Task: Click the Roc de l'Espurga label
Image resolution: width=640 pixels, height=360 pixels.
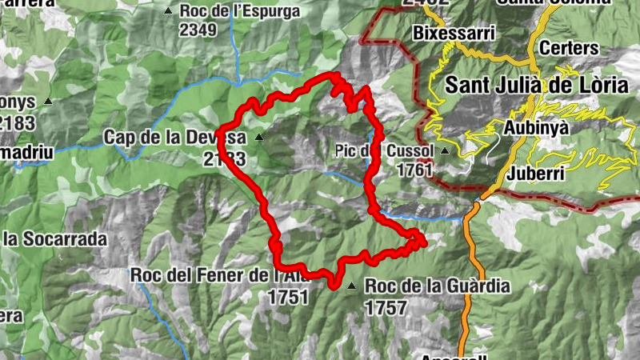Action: pos(240,11)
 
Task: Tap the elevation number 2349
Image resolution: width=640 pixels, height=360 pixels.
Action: pos(199,30)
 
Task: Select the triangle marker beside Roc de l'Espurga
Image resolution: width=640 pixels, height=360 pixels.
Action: pos(168,10)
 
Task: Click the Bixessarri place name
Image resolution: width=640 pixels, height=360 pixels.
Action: pos(454,34)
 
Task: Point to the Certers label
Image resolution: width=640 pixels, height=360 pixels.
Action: pos(569,48)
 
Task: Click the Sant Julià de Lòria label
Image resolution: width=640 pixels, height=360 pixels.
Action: pos(536,84)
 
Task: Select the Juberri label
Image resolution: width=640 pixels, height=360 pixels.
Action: pos(541,173)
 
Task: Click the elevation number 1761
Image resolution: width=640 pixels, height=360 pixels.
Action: pos(414,170)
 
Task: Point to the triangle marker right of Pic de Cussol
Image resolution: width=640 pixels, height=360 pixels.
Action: pos(445,150)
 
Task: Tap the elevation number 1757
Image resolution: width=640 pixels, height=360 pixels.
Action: pos(386,306)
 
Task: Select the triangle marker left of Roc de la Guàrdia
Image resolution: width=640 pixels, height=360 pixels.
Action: pos(351,285)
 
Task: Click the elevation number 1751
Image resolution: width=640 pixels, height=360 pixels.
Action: pos(288,296)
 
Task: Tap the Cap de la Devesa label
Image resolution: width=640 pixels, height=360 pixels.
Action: pos(172,138)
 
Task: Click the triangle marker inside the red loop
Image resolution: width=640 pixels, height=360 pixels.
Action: pos(258,138)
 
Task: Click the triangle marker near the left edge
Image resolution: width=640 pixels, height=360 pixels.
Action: pos(49,102)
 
